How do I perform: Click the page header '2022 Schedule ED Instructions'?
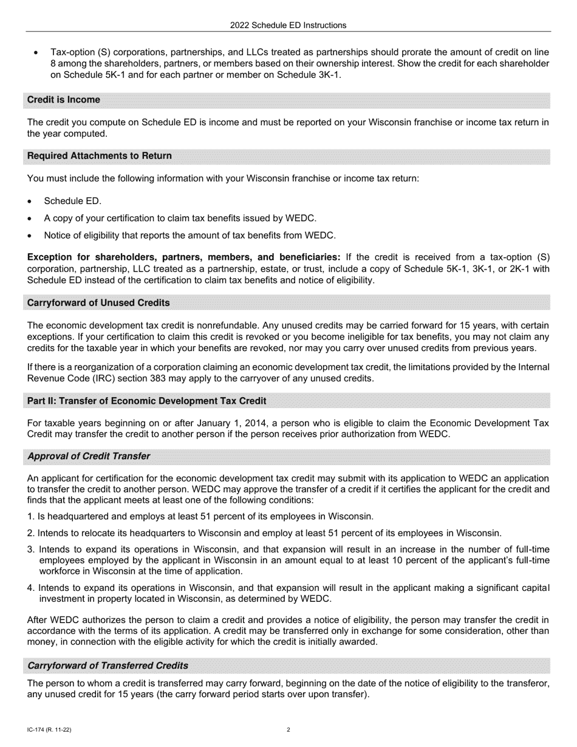pos(288,26)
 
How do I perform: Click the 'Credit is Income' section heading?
pos(64,100)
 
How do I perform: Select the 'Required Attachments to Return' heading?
pos(100,156)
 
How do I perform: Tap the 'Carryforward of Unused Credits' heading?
pos(98,302)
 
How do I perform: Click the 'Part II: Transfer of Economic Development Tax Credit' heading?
pos(147,401)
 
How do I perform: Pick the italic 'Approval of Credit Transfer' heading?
pos(89,456)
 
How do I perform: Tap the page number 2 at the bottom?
pos(288,729)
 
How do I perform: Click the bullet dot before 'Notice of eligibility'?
pos(30,236)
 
